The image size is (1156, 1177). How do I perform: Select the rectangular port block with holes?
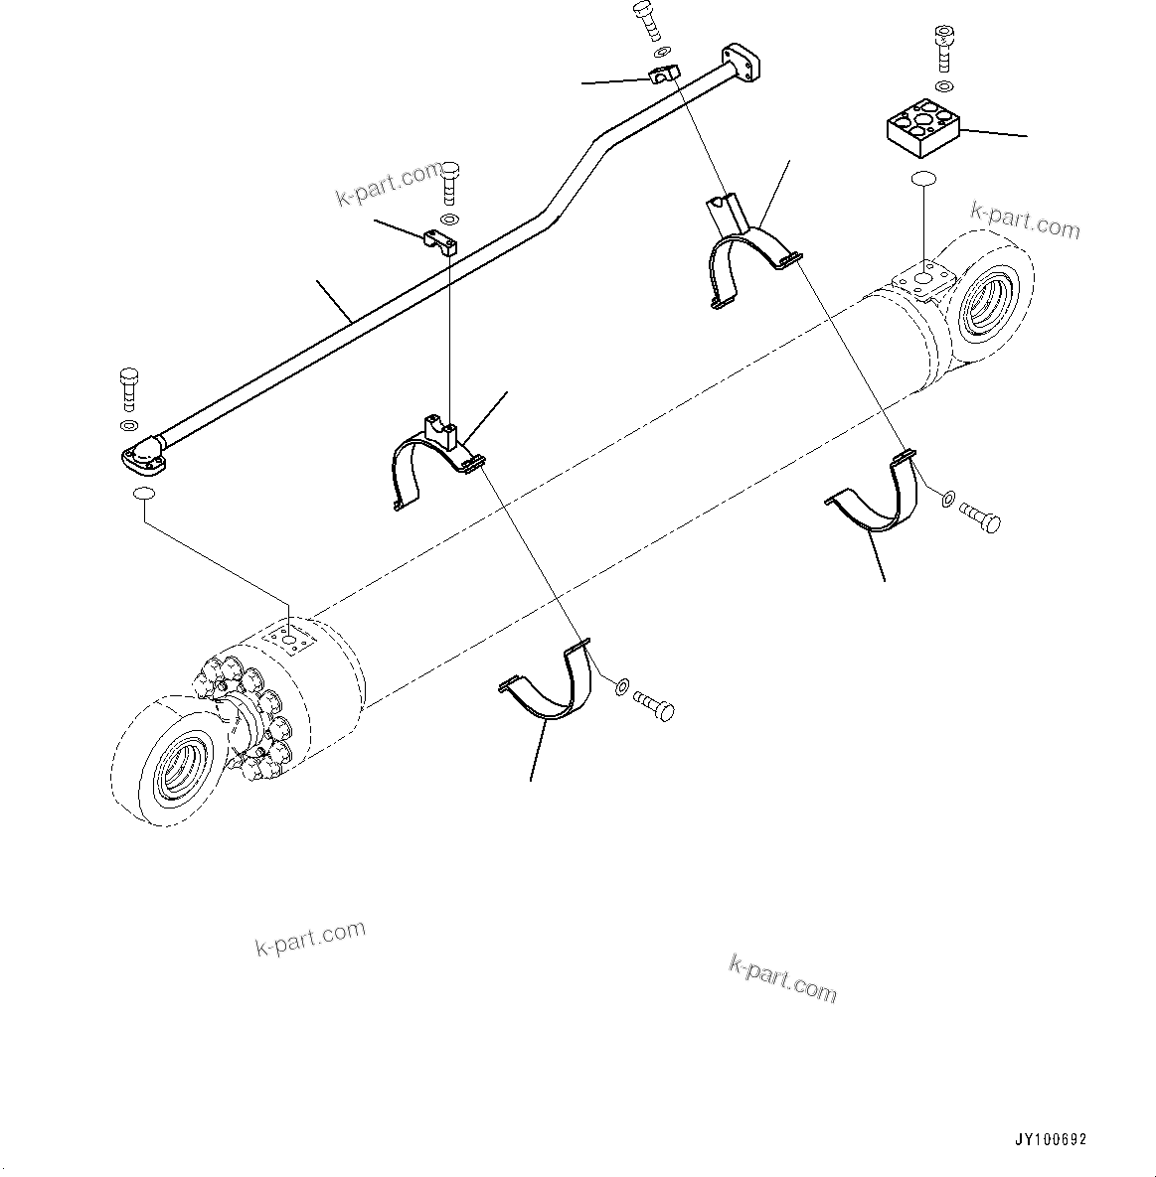(922, 126)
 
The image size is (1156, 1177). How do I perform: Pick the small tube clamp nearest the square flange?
(659, 74)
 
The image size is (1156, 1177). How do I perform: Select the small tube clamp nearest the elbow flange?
(437, 240)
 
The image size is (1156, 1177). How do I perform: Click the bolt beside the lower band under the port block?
(980, 516)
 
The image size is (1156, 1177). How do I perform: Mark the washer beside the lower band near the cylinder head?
(621, 685)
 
